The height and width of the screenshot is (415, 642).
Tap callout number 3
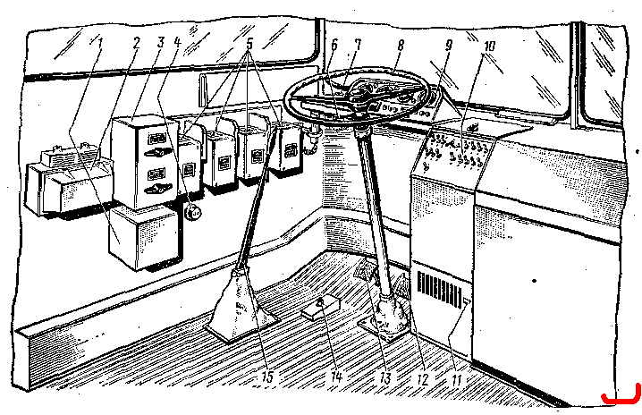(x=160, y=42)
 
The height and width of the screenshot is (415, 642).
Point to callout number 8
(x=400, y=44)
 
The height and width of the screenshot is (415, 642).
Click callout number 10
(x=490, y=46)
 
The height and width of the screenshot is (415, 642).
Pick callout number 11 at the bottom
(x=457, y=379)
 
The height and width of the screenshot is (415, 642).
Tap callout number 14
(x=335, y=377)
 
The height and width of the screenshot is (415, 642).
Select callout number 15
(x=267, y=377)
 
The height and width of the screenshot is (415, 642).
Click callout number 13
(x=385, y=378)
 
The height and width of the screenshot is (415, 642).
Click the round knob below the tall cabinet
(x=192, y=212)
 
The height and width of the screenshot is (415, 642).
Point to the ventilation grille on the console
(x=439, y=290)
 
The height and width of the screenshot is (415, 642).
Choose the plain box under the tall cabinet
(x=143, y=238)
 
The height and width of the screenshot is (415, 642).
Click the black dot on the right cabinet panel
(x=534, y=281)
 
